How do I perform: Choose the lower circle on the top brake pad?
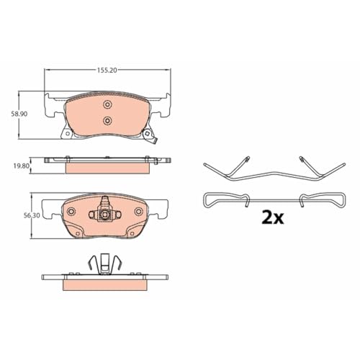point(107,120)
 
